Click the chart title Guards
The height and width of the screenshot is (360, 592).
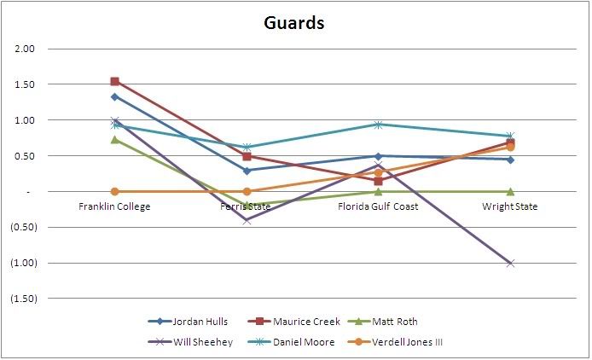coord(293,23)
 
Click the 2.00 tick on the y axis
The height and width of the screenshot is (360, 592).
coord(26,49)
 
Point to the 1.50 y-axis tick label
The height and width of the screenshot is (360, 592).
coord(26,85)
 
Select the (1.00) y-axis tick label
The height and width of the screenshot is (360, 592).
coord(23,264)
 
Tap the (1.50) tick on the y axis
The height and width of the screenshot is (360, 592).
coord(23,299)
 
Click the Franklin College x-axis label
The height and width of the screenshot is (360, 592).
coord(114,207)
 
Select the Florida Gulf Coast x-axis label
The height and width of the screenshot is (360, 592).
coord(378,207)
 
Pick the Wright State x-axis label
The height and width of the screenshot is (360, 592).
coord(510,207)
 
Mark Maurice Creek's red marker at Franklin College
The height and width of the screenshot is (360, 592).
coord(114,82)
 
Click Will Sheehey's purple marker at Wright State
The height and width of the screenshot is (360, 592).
coord(510,263)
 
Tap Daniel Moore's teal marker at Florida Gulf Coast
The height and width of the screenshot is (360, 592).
coord(378,125)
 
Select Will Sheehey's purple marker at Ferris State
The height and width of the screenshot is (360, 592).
coord(247,220)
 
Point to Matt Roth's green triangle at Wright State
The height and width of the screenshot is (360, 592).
coord(510,191)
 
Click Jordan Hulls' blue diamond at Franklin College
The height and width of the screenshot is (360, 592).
coord(114,96)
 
